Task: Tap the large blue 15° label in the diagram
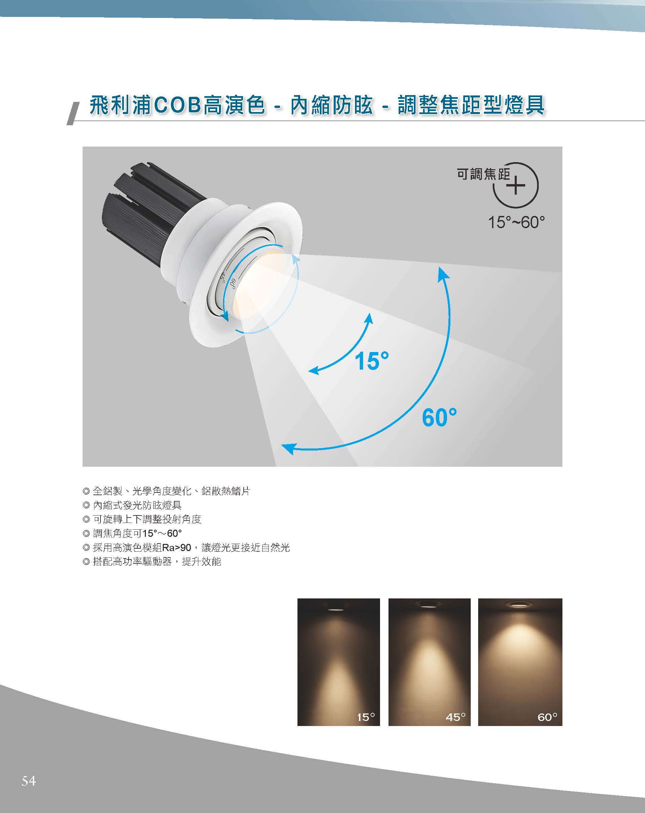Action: point(371,360)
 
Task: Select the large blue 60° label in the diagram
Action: point(439,417)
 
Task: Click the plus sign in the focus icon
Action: point(516,185)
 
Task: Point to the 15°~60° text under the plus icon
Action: point(516,222)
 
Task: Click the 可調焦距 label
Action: point(483,174)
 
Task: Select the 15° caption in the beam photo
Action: point(366,717)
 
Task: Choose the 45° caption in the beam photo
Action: point(455,717)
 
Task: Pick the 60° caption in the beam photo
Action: point(547,717)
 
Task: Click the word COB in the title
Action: point(178,105)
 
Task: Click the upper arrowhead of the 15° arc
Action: point(369,318)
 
